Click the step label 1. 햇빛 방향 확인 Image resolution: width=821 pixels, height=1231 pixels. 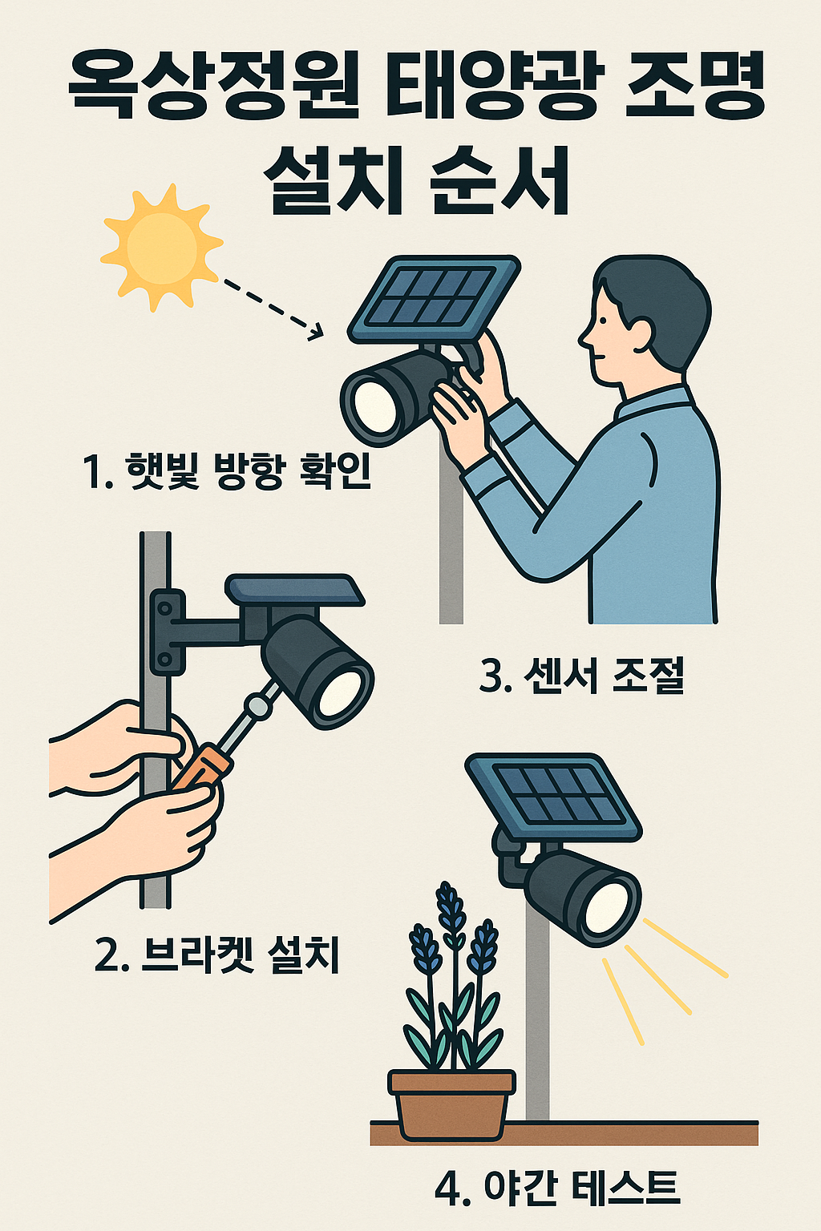tap(227, 471)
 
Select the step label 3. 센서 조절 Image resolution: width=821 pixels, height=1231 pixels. tap(582, 676)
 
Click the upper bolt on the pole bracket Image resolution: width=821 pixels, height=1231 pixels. tap(164, 608)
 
